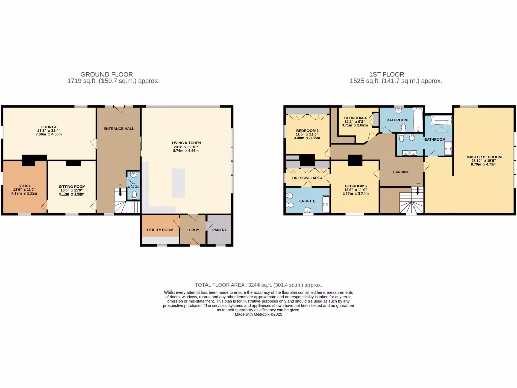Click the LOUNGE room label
49,127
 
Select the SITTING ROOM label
72,186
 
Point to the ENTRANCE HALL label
119,129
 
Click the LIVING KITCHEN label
186,143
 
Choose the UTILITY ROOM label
160,230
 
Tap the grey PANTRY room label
219,230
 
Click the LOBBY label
193,230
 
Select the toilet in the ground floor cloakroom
134,193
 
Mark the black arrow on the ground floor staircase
120,193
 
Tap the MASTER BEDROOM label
484,157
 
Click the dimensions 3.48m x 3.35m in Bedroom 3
307,138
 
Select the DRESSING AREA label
307,178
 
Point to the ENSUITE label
307,201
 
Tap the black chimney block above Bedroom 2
355,160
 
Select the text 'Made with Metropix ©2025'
258,314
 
